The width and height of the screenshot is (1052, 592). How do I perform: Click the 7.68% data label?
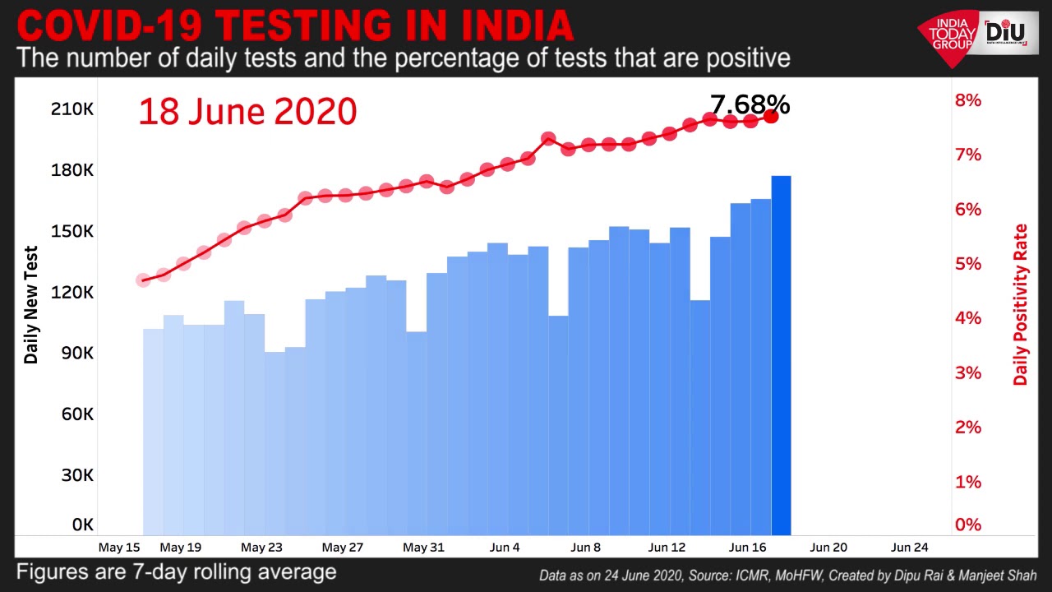click(x=750, y=104)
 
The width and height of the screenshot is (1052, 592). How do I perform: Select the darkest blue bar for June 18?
click(x=781, y=354)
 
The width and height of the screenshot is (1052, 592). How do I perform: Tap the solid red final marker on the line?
click(x=771, y=117)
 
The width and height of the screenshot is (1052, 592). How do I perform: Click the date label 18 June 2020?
click(x=247, y=111)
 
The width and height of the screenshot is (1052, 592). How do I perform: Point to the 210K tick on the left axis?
click(x=73, y=109)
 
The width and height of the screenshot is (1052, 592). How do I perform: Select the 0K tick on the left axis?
click(x=82, y=525)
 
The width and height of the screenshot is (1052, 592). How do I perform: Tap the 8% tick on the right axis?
click(x=967, y=100)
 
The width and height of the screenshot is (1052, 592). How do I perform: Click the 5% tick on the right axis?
click(x=967, y=264)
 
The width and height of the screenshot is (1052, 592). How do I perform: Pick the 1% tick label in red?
click(x=967, y=482)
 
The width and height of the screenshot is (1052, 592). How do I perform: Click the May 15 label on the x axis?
click(x=118, y=547)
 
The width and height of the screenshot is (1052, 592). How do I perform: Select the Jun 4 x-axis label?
click(x=504, y=547)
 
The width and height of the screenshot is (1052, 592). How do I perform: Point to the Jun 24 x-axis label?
click(x=910, y=547)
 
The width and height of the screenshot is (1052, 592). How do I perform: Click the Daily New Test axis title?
click(x=31, y=304)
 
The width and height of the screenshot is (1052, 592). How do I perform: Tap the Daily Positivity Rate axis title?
click(x=1021, y=304)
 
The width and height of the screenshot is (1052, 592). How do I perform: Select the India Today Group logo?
click(x=950, y=36)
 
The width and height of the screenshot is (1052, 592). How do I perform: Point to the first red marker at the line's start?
click(x=143, y=280)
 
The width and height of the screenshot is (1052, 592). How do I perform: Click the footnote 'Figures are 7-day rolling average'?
click(x=177, y=571)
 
